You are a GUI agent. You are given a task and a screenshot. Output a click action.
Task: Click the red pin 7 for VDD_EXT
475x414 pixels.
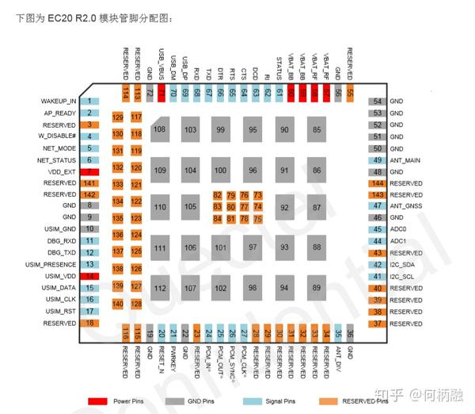click(x=91, y=171)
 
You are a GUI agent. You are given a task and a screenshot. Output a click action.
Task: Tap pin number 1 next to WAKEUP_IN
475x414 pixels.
click(x=91, y=102)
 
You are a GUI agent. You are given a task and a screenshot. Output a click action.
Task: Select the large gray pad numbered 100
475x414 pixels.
click(x=220, y=171)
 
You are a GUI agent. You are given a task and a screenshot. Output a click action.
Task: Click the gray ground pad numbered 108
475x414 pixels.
click(x=161, y=128)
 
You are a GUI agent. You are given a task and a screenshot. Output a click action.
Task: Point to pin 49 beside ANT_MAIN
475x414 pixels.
click(x=378, y=159)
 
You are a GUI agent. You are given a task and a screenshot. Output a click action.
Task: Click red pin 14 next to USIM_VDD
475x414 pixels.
click(x=91, y=276)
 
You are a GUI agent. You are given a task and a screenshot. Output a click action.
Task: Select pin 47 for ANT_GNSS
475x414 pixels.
click(x=378, y=206)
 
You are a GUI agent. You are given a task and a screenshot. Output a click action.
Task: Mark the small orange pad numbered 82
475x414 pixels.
click(x=217, y=195)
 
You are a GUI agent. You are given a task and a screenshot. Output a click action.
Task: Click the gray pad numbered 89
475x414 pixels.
click(x=317, y=287)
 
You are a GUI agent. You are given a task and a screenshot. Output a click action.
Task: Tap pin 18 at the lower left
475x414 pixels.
click(x=91, y=324)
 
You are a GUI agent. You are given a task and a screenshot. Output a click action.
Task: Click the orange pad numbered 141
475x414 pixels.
click(x=91, y=183)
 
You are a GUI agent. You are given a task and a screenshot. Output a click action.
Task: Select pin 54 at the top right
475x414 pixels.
click(x=378, y=102)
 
